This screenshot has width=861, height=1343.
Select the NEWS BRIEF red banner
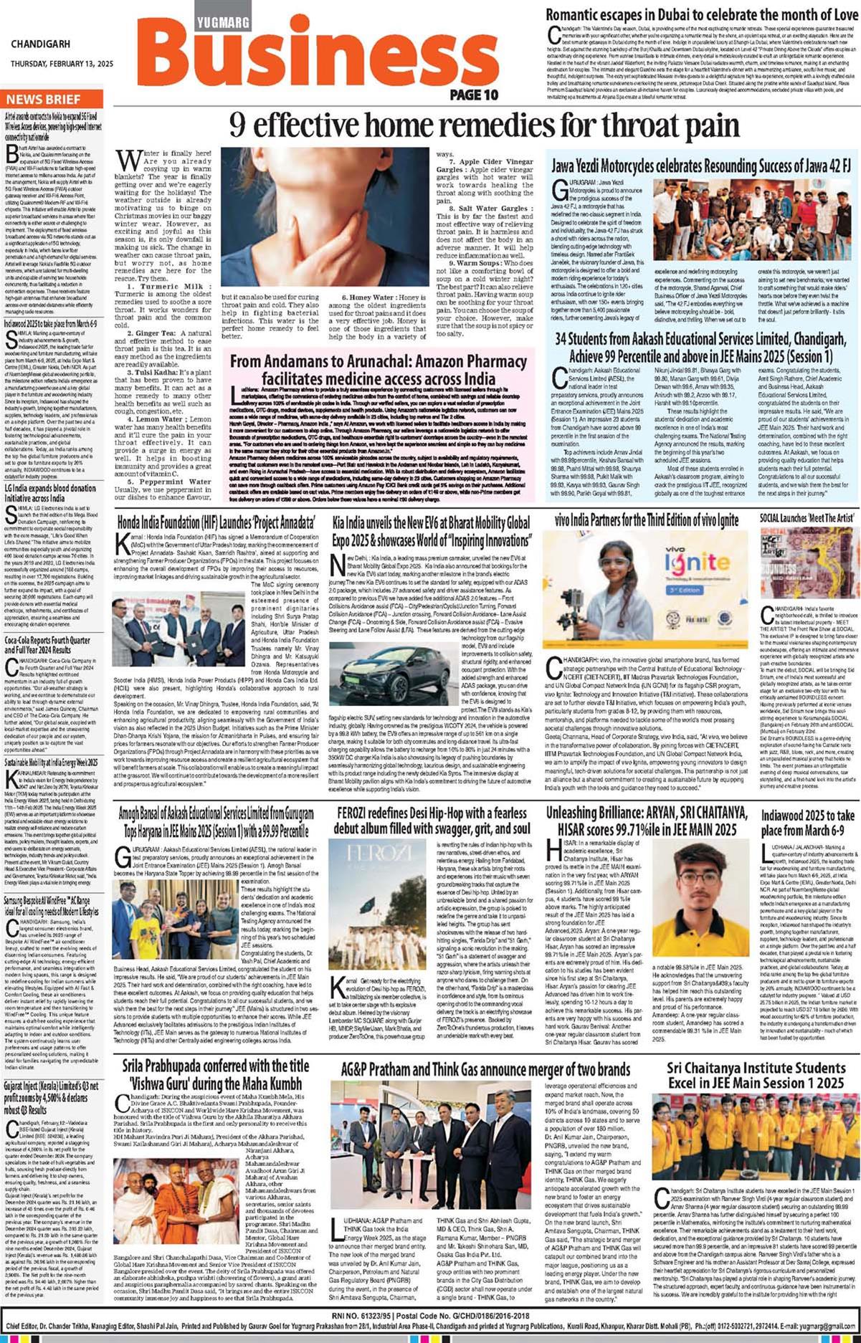(x=44, y=100)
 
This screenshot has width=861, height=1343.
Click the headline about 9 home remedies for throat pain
(x=484, y=127)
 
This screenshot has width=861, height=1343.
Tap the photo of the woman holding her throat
(x=325, y=217)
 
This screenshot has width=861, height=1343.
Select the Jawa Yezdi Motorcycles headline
(x=700, y=166)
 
